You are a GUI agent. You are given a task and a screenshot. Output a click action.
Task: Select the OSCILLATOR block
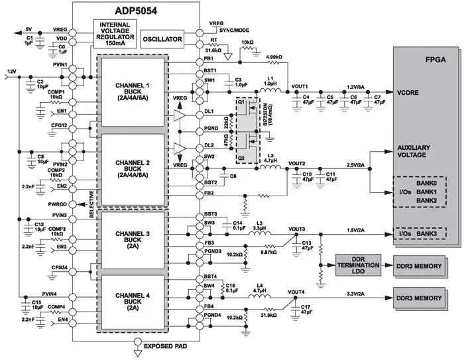click(x=163, y=40)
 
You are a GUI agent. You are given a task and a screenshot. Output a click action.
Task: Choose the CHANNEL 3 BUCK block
click(x=132, y=240)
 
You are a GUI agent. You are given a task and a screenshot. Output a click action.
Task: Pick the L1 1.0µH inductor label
click(x=270, y=82)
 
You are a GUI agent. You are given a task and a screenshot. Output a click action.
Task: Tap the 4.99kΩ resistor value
click(x=276, y=57)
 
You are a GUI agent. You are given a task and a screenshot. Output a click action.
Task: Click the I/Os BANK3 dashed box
click(x=420, y=233)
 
